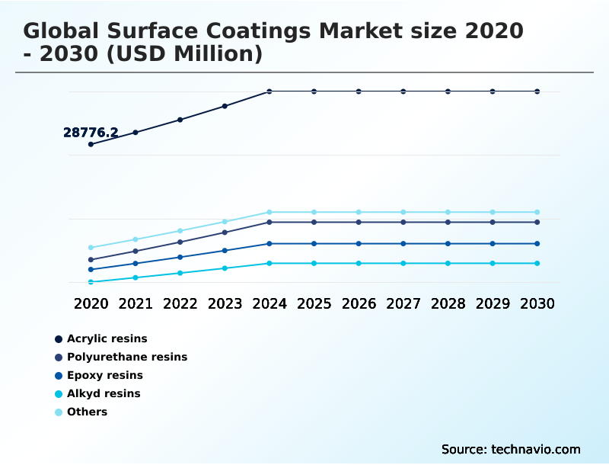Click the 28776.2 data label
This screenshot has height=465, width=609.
click(90, 133)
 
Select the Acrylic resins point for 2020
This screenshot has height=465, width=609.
click(91, 144)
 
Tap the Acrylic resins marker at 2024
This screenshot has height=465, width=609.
click(269, 91)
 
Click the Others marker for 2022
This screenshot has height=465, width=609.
click(180, 230)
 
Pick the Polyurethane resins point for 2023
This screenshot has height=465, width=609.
click(225, 232)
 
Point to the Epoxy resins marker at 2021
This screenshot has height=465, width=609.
click(136, 264)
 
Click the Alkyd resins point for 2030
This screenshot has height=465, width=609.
click(537, 264)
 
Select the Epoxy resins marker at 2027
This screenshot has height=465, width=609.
click(403, 244)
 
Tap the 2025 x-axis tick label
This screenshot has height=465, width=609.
click(314, 303)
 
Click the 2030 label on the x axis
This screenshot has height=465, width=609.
click(537, 303)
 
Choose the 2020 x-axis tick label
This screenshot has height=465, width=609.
click(91, 303)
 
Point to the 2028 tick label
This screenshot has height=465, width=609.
click(448, 303)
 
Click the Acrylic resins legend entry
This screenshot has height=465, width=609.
click(107, 338)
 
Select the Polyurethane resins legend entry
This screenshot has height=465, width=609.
click(126, 357)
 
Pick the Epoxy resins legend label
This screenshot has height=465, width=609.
click(104, 375)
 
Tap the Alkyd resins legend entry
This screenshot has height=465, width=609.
click(104, 393)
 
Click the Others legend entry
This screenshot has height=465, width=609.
click(87, 412)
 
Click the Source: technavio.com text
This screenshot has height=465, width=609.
click(511, 449)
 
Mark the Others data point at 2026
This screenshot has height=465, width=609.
click(359, 212)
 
